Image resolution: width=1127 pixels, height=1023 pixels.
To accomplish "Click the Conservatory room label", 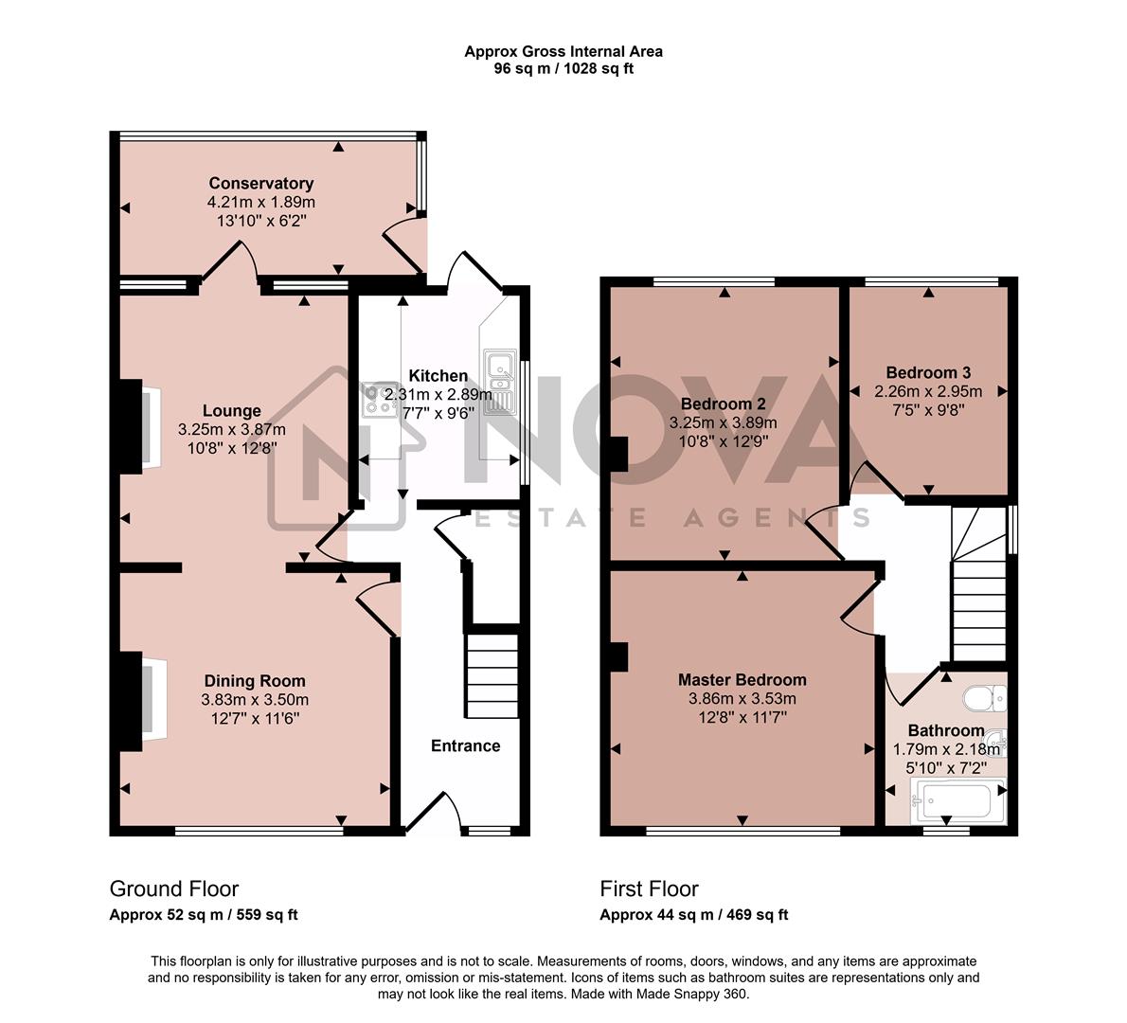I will coord(260,183).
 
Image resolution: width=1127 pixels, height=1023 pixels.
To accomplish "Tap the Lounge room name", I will coord(232,411).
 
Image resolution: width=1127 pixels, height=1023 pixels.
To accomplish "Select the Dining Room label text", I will coord(255,681).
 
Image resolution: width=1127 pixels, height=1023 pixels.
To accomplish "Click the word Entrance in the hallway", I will coord(465,745).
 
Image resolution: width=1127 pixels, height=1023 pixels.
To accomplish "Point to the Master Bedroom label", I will coord(742,680).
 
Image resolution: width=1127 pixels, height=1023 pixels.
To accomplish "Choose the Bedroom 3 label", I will coord(928,372).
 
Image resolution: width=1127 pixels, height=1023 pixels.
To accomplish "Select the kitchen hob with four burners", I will coord(380,401).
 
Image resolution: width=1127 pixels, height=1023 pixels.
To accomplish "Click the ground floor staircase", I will coord(492,676).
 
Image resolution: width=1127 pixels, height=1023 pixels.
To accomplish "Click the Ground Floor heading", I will coord(174,888).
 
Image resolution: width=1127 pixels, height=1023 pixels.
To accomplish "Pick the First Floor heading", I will coord(649,888).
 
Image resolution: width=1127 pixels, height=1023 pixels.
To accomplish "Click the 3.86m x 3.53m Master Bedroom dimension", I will coord(742,699).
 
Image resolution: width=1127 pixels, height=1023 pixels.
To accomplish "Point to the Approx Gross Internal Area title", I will coord(563,52).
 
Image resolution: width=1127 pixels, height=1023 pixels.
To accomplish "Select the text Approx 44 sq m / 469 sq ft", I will coord(693,915).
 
